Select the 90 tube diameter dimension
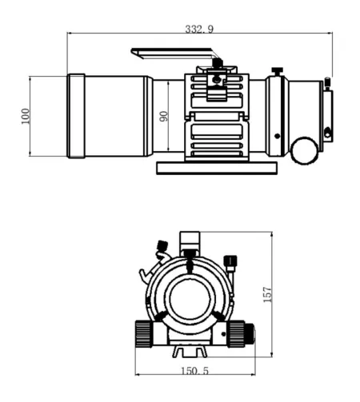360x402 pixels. (164, 116)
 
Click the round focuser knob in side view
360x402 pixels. (304, 149)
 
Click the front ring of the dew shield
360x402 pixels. (76, 116)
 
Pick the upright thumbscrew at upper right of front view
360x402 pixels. (230, 261)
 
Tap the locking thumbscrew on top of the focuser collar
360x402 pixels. (277, 73)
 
